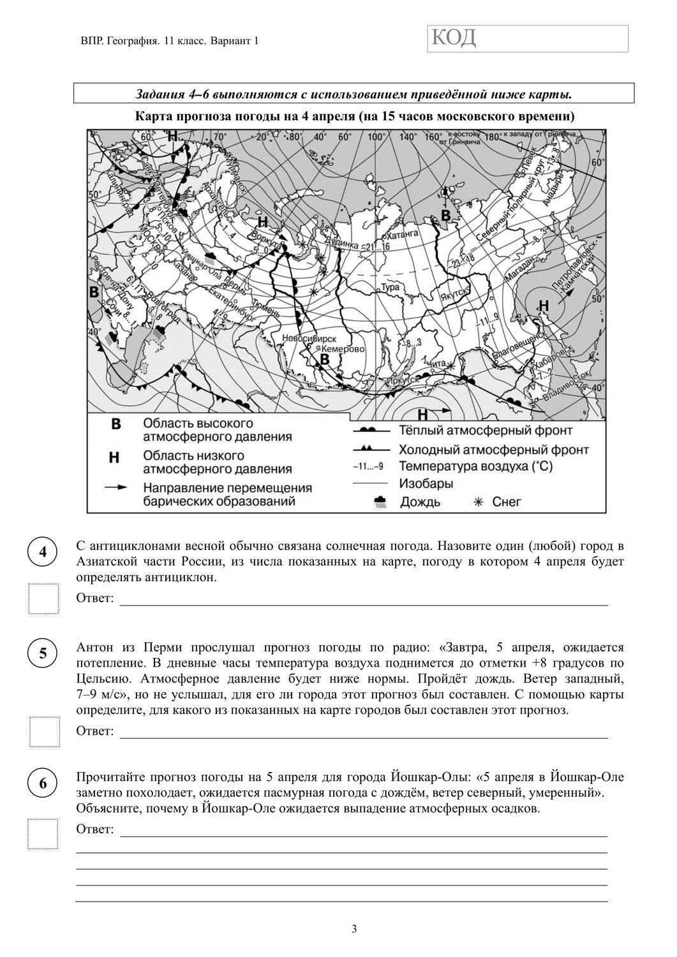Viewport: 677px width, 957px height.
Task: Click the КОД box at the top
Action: [x=528, y=38]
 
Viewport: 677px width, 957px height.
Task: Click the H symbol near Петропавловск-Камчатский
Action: [x=544, y=306]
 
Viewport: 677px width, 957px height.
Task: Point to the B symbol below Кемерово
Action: [x=325, y=360]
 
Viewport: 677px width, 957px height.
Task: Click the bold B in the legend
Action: [x=115, y=424]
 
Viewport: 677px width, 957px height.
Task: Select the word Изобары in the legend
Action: [x=426, y=483]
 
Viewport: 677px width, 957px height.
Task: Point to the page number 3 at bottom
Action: [x=354, y=929]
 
